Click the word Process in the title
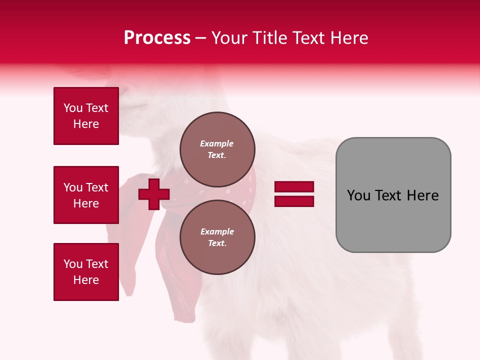[157, 38]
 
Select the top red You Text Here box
[86, 116]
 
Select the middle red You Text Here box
[86, 195]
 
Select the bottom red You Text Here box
[86, 272]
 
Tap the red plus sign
[154, 194]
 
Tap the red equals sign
[294, 194]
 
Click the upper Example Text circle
[217, 149]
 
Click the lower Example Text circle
[217, 237]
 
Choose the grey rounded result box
[393, 195]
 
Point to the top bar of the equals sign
[294, 187]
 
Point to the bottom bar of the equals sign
[294, 201]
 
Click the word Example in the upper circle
[216, 143]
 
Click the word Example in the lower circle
[217, 231]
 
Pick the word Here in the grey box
[422, 195]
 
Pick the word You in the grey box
[358, 195]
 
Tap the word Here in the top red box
[86, 124]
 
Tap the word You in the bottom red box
[73, 264]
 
